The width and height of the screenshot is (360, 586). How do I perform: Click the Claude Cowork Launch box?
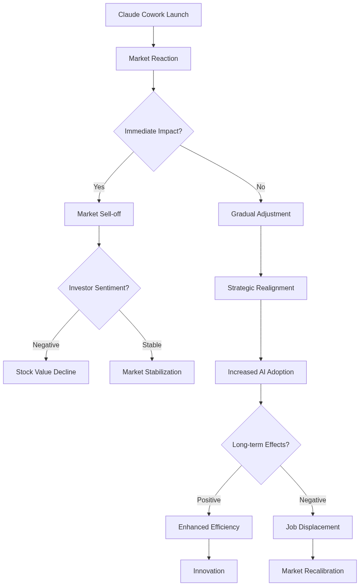point(153,15)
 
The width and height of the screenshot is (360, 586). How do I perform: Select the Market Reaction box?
point(153,59)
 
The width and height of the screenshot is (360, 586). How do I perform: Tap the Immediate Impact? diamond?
point(153,131)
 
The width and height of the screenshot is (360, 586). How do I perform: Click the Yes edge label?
point(99,187)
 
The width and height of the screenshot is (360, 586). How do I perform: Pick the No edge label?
point(261,187)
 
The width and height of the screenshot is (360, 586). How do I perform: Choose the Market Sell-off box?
point(99,214)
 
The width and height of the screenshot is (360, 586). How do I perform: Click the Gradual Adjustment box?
point(261,214)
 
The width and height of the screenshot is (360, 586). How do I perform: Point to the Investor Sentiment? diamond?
point(99,288)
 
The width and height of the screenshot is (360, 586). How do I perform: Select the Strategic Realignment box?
point(261,288)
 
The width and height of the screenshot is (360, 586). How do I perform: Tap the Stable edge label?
point(152,345)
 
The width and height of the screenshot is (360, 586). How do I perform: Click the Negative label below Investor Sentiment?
point(46,345)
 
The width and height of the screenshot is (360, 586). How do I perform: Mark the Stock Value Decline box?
point(46,372)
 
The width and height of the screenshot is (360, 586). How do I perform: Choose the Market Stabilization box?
point(152,372)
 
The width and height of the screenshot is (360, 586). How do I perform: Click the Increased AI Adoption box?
point(261,372)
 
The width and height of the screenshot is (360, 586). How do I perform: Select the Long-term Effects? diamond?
point(261,445)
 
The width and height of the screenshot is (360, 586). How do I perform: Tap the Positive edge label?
point(209,500)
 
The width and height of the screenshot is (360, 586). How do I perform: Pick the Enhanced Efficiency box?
point(209,527)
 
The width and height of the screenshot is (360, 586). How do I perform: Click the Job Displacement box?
point(313,527)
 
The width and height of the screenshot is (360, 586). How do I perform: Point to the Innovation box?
point(209,571)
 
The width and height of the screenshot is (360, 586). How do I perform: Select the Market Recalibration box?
point(313,571)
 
